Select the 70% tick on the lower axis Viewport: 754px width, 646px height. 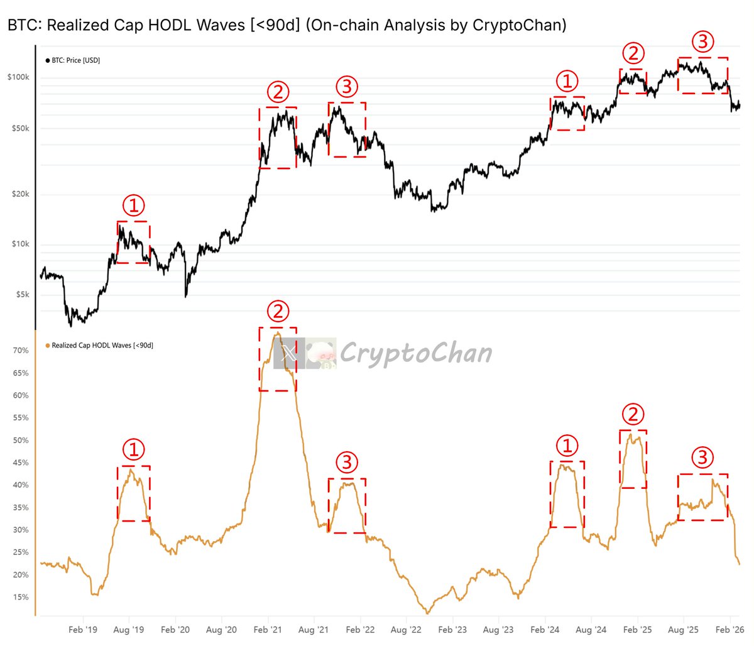click(21, 351)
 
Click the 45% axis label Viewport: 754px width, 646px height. click(21, 463)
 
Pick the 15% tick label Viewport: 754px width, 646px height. click(21, 598)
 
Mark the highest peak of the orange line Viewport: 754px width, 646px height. click(276, 333)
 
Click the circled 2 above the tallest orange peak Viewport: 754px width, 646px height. click(278, 311)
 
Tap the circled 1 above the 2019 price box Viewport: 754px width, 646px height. click(133, 205)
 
